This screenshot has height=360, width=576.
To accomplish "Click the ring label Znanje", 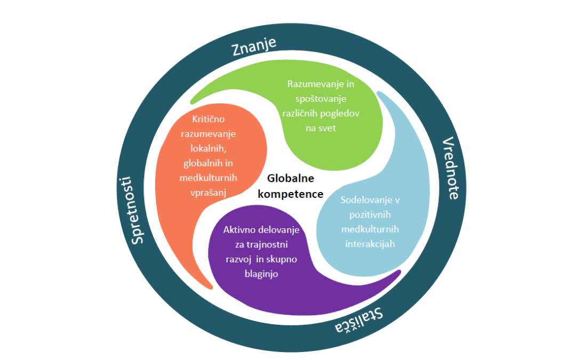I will pyautogui.click(x=254, y=46).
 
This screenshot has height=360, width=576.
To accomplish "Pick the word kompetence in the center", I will pyautogui.click(x=291, y=194).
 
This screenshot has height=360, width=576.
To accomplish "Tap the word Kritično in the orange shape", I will pyautogui.click(x=207, y=119).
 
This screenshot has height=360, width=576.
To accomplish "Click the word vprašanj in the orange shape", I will pyautogui.click(x=207, y=193).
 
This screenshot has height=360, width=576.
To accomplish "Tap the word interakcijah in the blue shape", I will pyautogui.click(x=371, y=244).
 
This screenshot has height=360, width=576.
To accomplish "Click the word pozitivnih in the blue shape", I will pyautogui.click(x=371, y=215).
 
